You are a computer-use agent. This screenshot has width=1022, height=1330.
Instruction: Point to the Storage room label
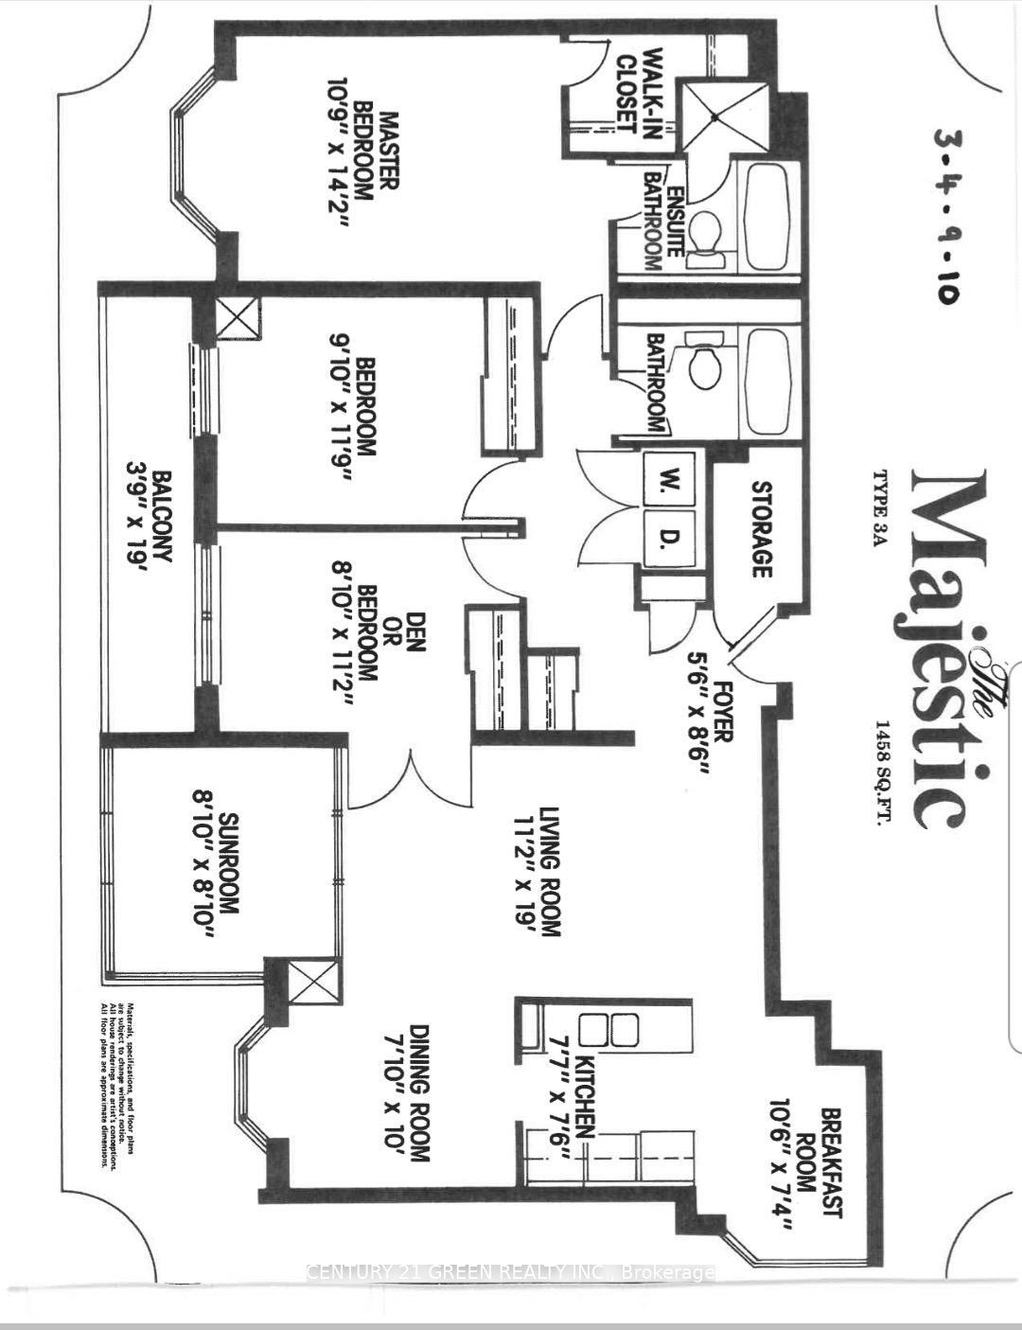tap(762, 528)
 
